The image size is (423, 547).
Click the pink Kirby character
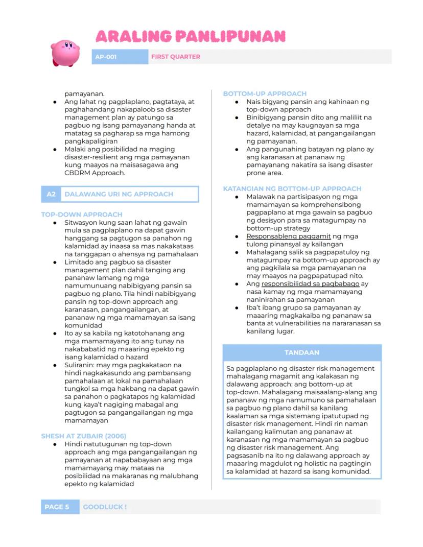coord(65,53)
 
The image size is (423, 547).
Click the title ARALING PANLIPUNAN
coord(190,36)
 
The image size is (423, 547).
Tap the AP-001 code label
coord(106,57)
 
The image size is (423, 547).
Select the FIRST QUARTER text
coord(175,57)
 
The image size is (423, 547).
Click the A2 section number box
coord(51,194)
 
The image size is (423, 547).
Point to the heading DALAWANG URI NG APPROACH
coord(119,194)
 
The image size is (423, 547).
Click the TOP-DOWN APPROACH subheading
coord(82,215)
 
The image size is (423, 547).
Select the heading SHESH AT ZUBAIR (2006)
coord(84,436)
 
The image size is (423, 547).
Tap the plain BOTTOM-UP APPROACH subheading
coord(265,93)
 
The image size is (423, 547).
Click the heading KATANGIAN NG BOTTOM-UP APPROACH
coord(292,188)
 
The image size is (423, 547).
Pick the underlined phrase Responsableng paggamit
coord(289,236)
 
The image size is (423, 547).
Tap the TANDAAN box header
coord(302,352)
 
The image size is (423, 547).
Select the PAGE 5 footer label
coord(57,507)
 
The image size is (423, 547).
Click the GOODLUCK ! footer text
coord(105,507)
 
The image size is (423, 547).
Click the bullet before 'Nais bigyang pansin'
coord(237,102)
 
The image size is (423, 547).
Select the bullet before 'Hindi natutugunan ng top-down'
coord(55,445)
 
